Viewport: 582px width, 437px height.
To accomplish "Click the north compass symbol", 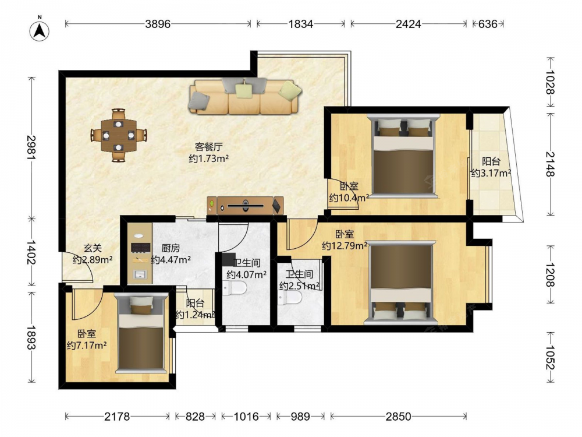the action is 40,30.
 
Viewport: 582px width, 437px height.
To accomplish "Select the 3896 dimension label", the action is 158,24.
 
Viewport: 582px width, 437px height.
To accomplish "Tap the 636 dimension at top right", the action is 487,24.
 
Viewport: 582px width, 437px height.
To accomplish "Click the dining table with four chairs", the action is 119,135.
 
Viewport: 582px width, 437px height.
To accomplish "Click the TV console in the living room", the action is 246,206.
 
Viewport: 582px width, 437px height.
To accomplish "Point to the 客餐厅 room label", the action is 208,147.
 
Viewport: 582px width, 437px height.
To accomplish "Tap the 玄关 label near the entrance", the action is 93,248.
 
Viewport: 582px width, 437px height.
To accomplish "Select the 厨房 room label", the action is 171,248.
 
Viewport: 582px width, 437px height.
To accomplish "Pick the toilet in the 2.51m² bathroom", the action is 290,297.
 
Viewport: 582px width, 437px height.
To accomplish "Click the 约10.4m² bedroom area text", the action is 349,198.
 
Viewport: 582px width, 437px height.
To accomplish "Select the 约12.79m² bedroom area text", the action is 345,246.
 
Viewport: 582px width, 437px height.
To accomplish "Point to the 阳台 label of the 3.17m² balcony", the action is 491,161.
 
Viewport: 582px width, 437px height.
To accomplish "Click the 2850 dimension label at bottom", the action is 398,417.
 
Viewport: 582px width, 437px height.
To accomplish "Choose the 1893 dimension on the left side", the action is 31,337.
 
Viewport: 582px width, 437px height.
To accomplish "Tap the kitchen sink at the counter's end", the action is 140,274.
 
